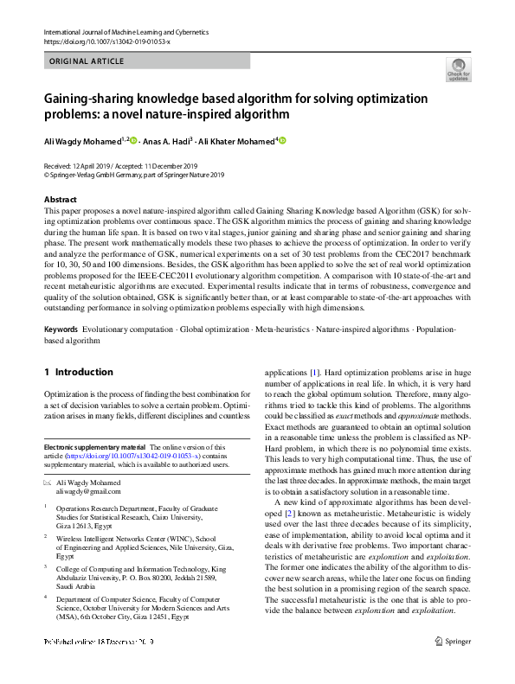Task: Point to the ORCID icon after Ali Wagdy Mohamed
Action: pyautogui.click(x=133, y=140)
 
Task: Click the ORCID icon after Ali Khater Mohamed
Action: pyautogui.click(x=281, y=140)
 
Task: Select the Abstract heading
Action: pyautogui.click(x=60, y=200)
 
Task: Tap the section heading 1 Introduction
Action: pyautogui.click(x=78, y=372)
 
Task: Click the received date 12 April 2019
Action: pyautogui.click(x=94, y=165)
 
